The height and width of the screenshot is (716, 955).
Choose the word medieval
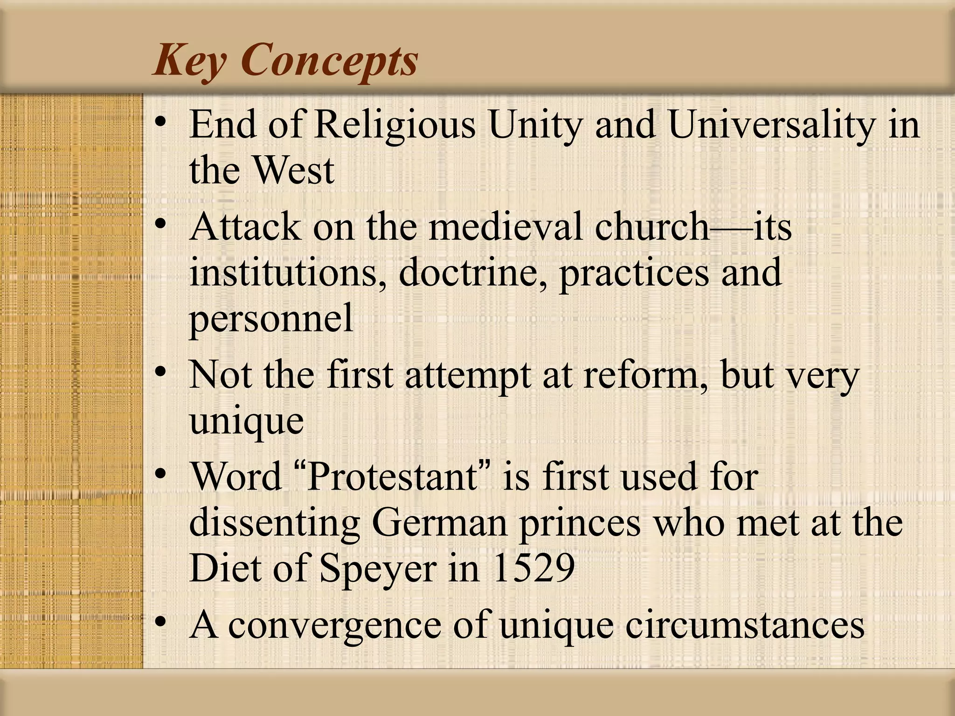tap(505, 227)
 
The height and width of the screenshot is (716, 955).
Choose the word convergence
tap(334, 626)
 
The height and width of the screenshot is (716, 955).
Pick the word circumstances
tap(745, 626)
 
